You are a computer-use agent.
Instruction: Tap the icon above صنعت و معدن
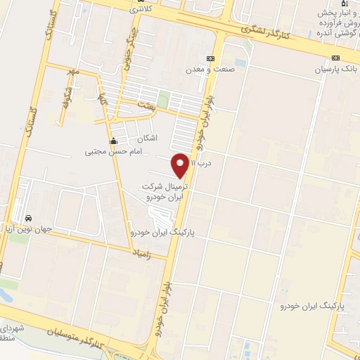(208, 59)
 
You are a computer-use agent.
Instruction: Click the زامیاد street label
(142, 251)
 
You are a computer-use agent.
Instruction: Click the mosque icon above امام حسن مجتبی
(113, 140)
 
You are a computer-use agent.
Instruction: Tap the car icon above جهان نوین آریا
(28, 217)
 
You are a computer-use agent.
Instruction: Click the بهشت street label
(146, 104)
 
